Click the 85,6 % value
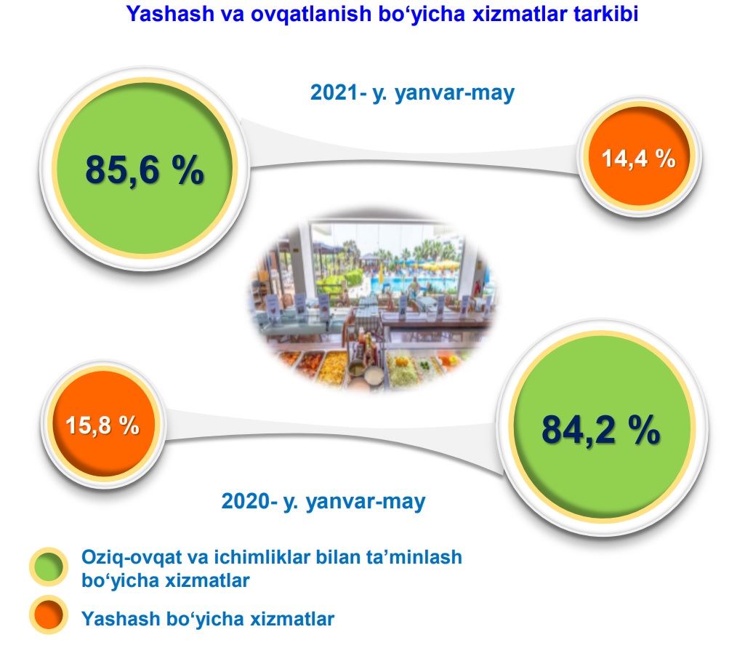145,170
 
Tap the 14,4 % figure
639,159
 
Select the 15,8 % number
102,425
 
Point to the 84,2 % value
600,430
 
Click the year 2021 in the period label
334,92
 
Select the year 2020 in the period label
245,501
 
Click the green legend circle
49,567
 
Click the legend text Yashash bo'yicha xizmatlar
208,619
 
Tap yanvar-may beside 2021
455,93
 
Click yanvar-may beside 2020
366,502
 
